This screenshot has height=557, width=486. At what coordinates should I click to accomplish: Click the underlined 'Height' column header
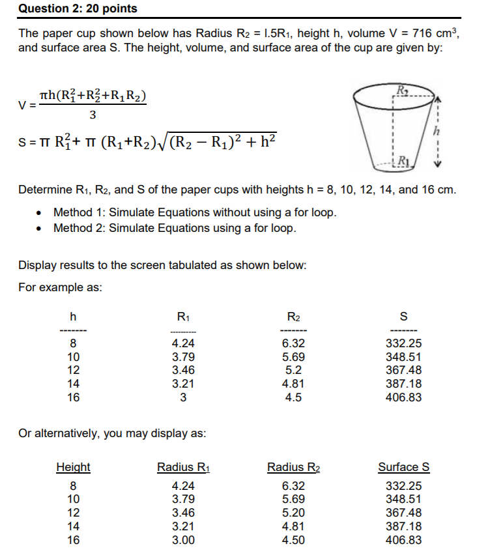pyautogui.click(x=73, y=467)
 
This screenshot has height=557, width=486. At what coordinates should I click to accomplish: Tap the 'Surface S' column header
pyautogui.click(x=403, y=467)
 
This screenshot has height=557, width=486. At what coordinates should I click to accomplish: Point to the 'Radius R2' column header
pyautogui.click(x=294, y=467)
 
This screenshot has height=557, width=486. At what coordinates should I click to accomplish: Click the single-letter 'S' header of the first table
pyautogui.click(x=403, y=317)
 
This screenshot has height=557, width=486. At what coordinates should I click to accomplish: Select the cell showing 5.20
pyautogui.click(x=293, y=513)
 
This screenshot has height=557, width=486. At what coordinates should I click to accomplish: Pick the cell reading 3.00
pyautogui.click(x=183, y=540)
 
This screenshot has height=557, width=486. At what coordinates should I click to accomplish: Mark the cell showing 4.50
pyautogui.click(x=293, y=540)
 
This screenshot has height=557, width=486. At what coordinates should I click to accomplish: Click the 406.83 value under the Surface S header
pyautogui.click(x=403, y=540)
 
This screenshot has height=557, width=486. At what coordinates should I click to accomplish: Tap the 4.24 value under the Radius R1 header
pyautogui.click(x=183, y=485)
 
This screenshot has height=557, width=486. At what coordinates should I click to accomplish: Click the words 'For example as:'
pyautogui.click(x=60, y=287)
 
